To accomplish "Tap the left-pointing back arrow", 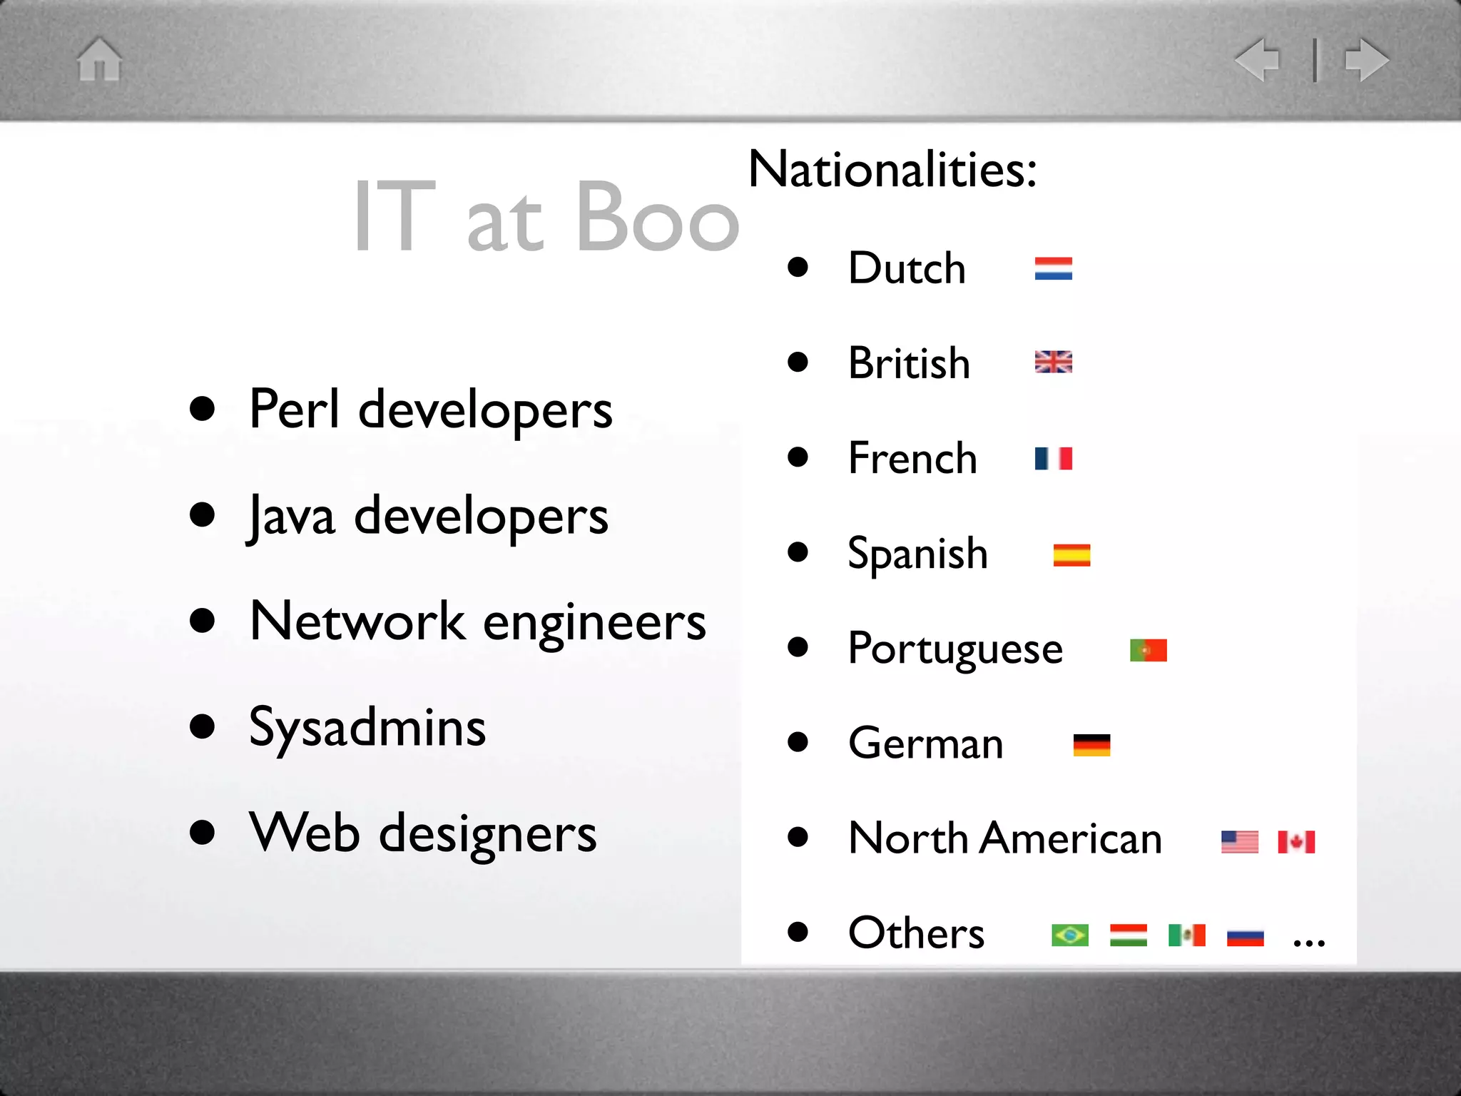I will pos(1258,59).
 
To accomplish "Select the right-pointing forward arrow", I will pos(1366,59).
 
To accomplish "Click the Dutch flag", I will pos(1053,269).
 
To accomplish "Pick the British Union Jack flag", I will pos(1053,362).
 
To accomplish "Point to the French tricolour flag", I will pos(1053,458).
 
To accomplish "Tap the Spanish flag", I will pos(1071,554).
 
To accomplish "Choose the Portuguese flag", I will pos(1148,650).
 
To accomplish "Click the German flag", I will pos(1091,745).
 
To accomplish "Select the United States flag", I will pos(1239,842).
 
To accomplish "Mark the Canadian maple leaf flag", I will pos(1296,842).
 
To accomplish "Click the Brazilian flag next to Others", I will pos(1070,935).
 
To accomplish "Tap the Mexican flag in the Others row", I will pos(1186,935).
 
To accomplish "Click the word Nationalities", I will pos(892,170).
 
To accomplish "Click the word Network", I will pos(357,621).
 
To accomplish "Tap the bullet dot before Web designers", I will pos(203,832).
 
